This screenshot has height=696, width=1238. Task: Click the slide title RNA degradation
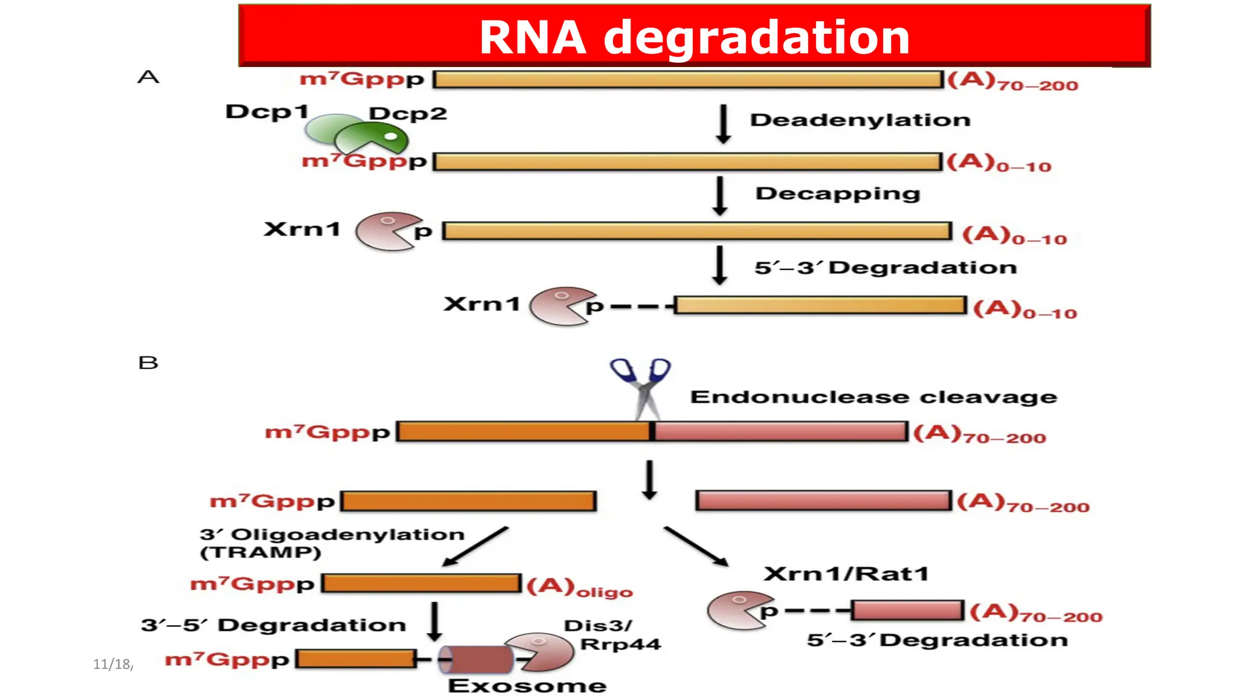(x=694, y=37)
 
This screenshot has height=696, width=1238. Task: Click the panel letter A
(x=148, y=77)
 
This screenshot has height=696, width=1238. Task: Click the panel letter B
(x=148, y=362)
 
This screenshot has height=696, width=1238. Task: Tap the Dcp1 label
(x=267, y=112)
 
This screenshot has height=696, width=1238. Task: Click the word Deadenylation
(x=860, y=120)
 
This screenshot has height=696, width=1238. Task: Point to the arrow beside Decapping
(x=719, y=196)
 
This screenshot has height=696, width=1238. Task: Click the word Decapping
(x=837, y=193)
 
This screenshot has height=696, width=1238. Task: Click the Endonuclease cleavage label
(x=873, y=397)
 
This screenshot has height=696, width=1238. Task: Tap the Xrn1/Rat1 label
(x=845, y=573)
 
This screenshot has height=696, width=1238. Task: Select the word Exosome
(x=527, y=686)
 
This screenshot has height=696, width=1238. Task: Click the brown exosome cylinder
(x=476, y=659)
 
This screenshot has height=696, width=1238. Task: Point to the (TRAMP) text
(x=260, y=552)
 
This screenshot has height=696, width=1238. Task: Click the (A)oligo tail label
(x=578, y=587)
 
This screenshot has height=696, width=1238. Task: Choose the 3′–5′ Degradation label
(x=273, y=625)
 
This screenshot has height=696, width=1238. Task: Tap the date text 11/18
(x=113, y=664)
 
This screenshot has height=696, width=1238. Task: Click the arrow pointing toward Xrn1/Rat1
(x=696, y=546)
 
